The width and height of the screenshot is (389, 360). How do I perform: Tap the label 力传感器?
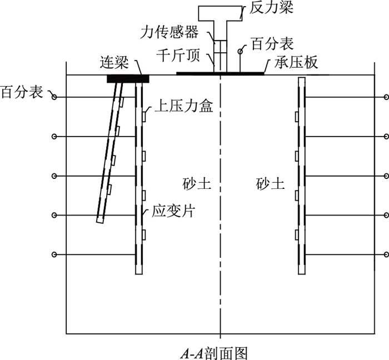tap(176, 33)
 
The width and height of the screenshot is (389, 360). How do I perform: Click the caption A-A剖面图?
tap(213, 352)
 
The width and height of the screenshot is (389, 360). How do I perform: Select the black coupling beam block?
tap(128, 79)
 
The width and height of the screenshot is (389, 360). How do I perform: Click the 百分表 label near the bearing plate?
tap(271, 42)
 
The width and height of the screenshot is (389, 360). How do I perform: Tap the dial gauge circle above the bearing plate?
tap(240, 51)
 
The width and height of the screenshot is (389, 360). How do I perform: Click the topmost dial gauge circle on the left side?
tap(54, 98)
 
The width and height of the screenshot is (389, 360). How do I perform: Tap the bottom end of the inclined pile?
tap(100, 219)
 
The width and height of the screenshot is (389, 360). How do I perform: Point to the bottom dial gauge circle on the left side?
tap(54, 254)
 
